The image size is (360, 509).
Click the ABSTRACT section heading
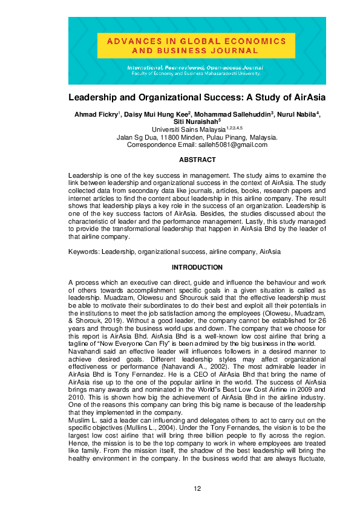197,160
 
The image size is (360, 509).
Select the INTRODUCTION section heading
197,267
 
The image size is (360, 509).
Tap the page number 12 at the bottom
197,489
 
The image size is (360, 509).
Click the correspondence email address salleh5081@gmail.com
232,145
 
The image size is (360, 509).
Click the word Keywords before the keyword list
83,250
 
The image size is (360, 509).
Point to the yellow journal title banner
197,46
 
